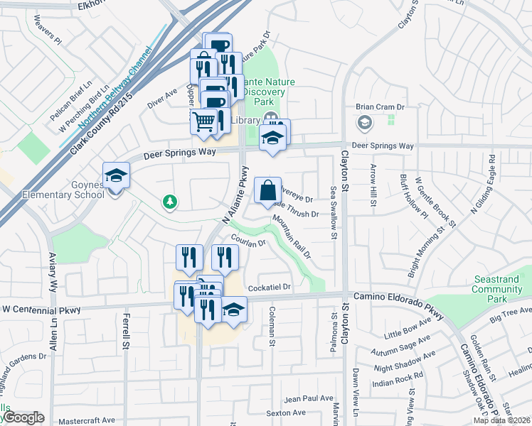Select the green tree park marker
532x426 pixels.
169,203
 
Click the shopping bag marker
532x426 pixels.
267,190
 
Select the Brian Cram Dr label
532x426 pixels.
380,106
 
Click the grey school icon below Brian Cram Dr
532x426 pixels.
364,124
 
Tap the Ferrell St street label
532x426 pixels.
127,327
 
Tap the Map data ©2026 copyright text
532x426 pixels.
501,420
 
